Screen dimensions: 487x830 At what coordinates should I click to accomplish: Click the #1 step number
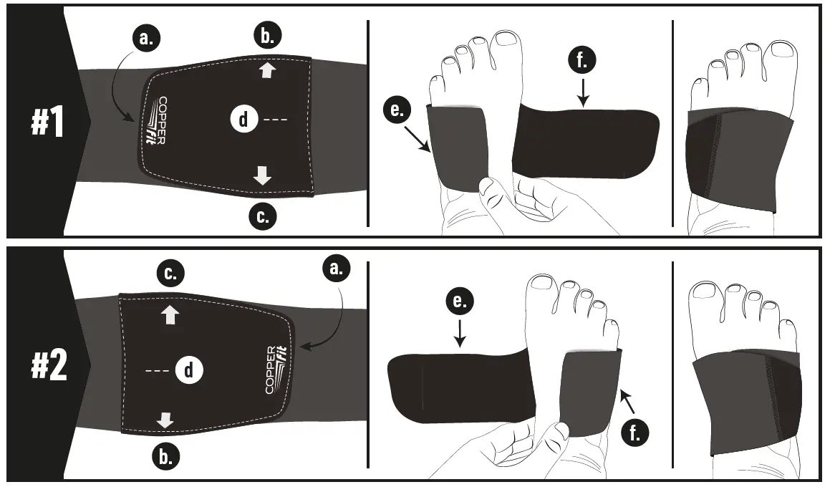(47, 122)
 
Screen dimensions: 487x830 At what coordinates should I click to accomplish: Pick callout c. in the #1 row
(263, 216)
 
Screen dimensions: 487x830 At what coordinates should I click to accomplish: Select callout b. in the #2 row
(165, 455)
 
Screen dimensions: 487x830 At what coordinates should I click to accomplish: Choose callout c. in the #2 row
(170, 273)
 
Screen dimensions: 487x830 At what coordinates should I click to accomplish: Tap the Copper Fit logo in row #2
(275, 370)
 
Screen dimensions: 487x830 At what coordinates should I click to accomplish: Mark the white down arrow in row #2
(165, 420)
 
